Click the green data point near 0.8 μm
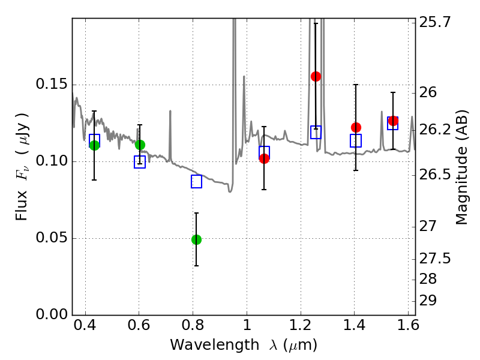tap(196, 239)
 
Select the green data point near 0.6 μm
tap(140, 145)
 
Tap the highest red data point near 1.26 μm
tap(316, 76)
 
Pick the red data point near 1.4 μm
tap(356, 127)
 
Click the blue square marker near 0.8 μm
tap(196, 181)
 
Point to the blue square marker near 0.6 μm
tap(140, 162)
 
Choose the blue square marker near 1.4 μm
tap(356, 141)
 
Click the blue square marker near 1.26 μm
tap(316, 132)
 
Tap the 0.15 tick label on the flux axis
tap(50, 85)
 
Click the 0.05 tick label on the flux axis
tap(50, 238)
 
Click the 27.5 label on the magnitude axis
tap(436, 259)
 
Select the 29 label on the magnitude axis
tap(430, 300)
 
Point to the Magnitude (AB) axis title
tap(462, 167)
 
